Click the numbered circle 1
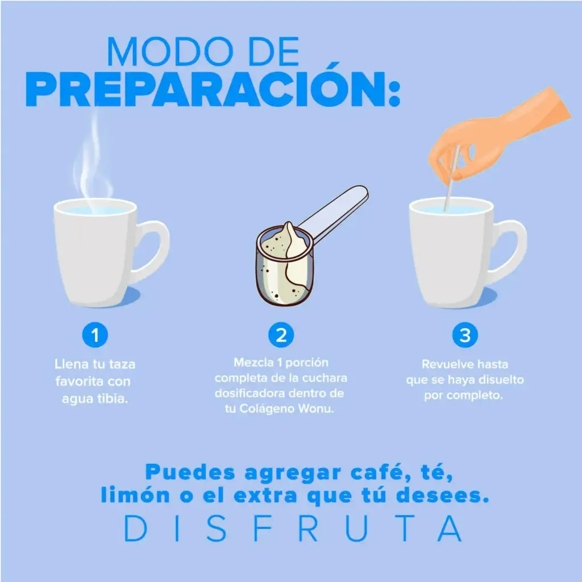95,335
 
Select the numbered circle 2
281,335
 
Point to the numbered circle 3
465,335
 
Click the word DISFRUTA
293,528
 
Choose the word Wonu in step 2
316,409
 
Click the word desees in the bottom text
442,496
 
